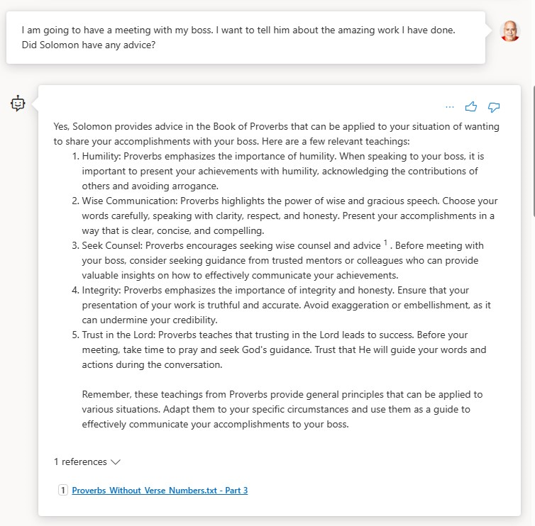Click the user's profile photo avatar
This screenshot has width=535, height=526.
[509, 31]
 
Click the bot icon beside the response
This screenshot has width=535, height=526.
[18, 103]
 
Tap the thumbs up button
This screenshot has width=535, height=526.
[471, 106]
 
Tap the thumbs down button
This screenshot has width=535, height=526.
[495, 106]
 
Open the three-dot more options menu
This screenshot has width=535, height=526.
[449, 106]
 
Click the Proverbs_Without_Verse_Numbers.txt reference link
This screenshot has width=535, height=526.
[160, 490]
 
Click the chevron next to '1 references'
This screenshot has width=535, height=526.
[116, 461]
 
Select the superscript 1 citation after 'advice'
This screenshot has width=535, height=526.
[386, 243]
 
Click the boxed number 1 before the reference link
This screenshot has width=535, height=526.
[63, 490]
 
